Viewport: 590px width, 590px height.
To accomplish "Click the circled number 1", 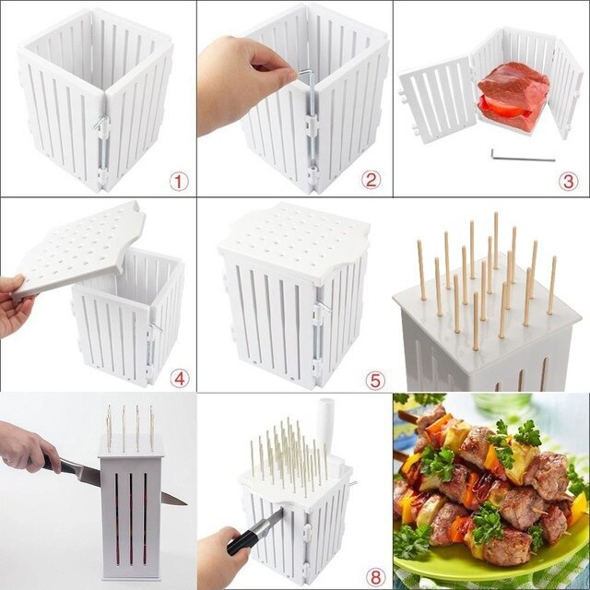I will click(179, 181).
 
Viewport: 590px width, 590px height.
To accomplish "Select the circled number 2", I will click(371, 180).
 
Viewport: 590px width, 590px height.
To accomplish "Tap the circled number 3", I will click(567, 181).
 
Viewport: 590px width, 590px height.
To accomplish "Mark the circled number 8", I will click(374, 576).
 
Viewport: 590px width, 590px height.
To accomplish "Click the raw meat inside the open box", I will click(513, 86).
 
